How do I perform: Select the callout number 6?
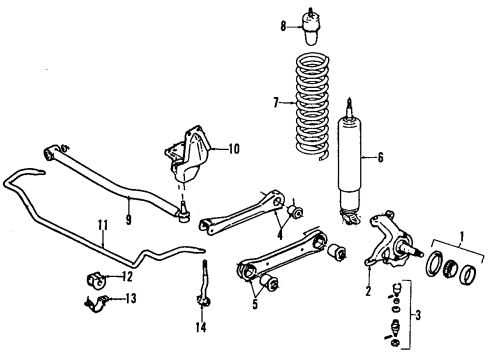(380, 156)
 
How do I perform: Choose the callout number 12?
(126, 276)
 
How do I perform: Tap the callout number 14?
(201, 327)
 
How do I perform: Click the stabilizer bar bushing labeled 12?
(97, 277)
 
